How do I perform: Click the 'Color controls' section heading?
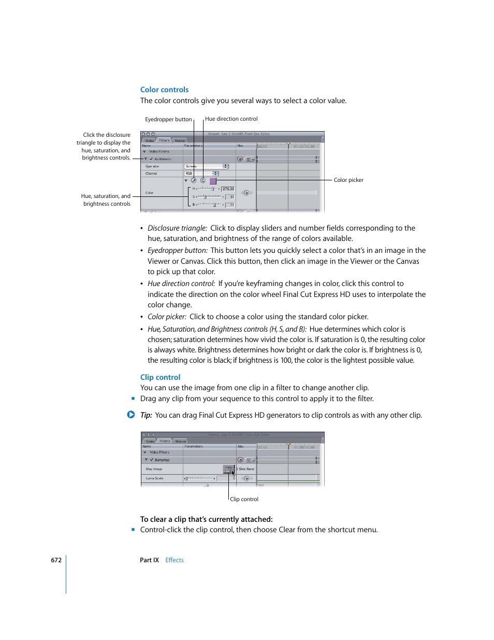[x=164, y=90]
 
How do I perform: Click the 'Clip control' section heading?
[x=160, y=377]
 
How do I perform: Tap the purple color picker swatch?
[x=213, y=181]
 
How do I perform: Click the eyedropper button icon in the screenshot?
[x=194, y=181]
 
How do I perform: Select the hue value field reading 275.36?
[x=228, y=189]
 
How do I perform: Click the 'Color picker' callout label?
[x=348, y=180]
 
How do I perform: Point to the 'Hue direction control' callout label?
[x=231, y=119]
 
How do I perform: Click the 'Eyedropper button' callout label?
[x=168, y=120]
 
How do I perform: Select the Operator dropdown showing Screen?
[x=206, y=166]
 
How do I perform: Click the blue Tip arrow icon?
[x=131, y=415]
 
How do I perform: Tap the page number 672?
[x=56, y=560]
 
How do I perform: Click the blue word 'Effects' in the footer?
[x=175, y=560]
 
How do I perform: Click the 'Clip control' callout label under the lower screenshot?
[x=244, y=500]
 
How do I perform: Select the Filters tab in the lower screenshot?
[x=165, y=442]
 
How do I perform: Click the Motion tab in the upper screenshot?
[x=180, y=140]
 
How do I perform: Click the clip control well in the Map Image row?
[x=228, y=469]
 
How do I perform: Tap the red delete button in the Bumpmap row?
[x=240, y=460]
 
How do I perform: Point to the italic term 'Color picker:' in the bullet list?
[x=167, y=317]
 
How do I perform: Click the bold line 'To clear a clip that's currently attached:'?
[x=206, y=519]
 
